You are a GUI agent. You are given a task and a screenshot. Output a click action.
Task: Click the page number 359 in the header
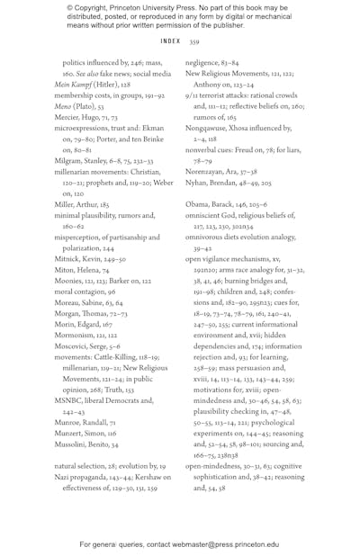(194, 41)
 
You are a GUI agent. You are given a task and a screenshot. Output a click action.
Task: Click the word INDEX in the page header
(170, 41)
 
